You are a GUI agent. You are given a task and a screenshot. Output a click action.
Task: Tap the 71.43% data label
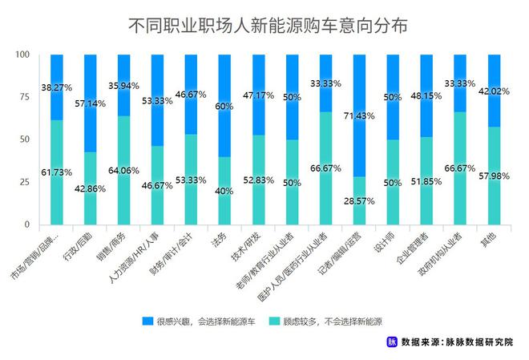(x=360, y=115)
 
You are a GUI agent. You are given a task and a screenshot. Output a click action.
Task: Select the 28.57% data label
(x=360, y=200)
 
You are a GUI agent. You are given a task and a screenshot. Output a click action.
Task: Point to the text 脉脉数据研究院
(x=485, y=342)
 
